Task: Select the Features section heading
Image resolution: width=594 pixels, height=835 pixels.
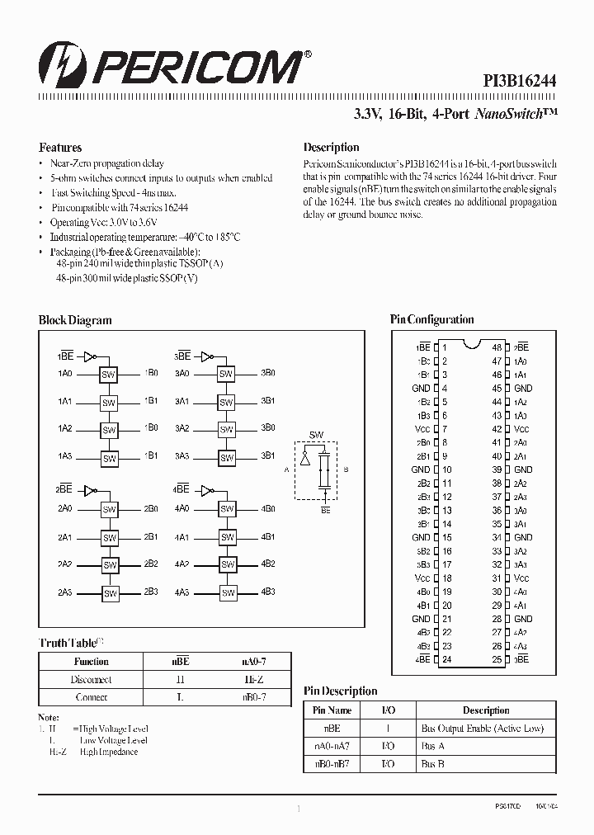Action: (60, 148)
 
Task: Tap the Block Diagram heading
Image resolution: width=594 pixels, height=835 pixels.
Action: (75, 320)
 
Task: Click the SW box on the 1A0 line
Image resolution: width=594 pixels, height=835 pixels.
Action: (109, 375)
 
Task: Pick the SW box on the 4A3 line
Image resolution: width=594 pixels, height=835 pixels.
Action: (227, 592)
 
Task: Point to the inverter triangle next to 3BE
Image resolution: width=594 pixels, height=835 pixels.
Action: (205, 356)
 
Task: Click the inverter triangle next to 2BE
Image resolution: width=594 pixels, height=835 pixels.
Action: (87, 488)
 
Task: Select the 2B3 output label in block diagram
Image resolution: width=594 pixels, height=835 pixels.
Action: (151, 592)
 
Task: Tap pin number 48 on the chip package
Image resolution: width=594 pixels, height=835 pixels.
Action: (497, 347)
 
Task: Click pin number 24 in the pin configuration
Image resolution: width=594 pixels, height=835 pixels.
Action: (446, 659)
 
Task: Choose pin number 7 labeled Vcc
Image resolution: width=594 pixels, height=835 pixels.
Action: (444, 429)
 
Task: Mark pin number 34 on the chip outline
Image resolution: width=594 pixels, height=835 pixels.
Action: (497, 537)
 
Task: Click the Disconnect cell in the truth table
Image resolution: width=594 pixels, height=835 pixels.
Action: (91, 680)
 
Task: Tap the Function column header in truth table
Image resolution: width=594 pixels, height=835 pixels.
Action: (91, 662)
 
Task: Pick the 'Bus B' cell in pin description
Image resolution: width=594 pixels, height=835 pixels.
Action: (433, 765)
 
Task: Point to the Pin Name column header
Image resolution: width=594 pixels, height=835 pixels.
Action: (332, 710)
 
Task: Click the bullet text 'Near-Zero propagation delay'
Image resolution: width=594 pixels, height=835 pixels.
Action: (107, 164)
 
